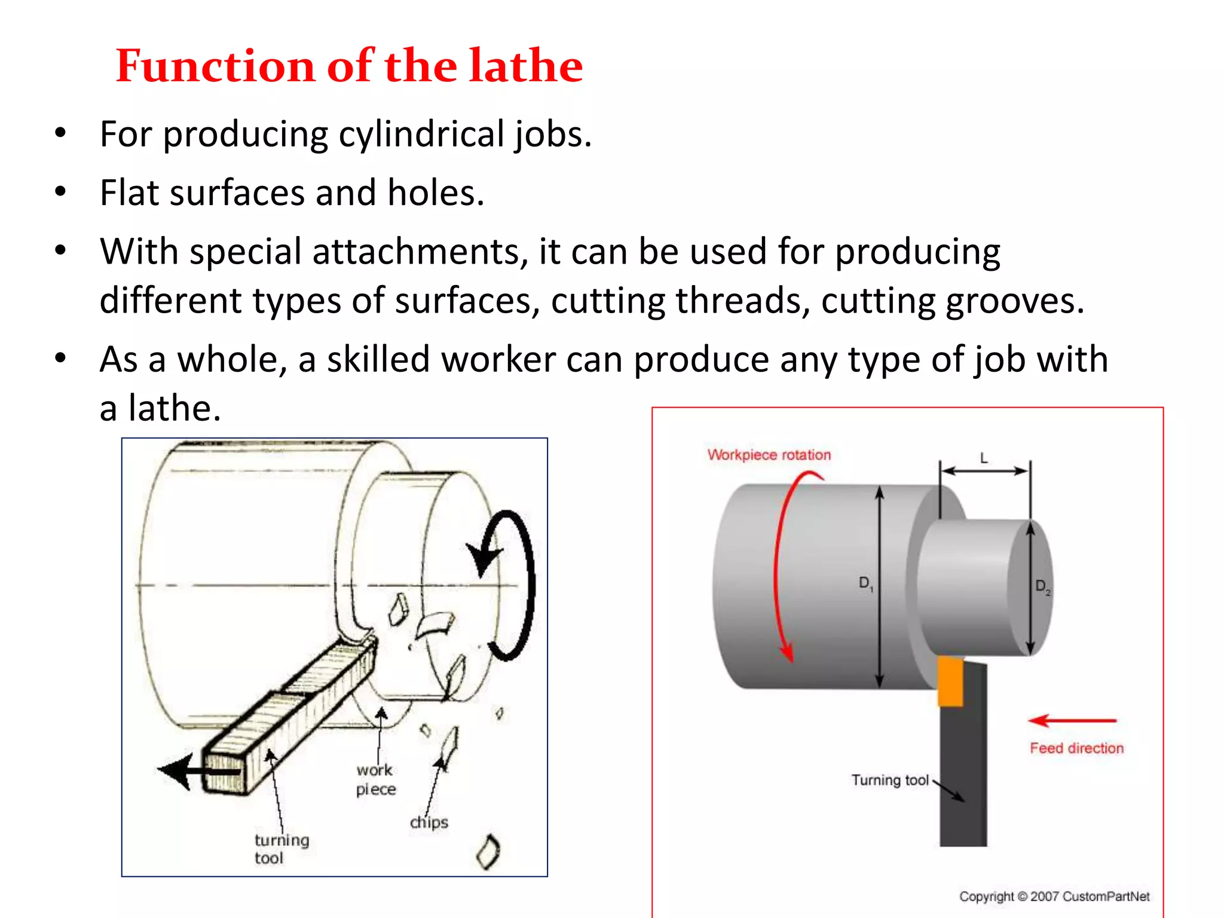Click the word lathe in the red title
pyautogui.click(x=525, y=66)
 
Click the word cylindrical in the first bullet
pyautogui.click(x=421, y=134)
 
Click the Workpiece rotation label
pyautogui.click(x=769, y=455)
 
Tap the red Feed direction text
pyautogui.click(x=1076, y=748)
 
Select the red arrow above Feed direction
pyautogui.click(x=1072, y=721)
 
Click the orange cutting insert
pyautogui.click(x=950, y=682)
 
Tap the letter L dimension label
pyautogui.click(x=984, y=458)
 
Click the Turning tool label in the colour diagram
pyautogui.click(x=889, y=780)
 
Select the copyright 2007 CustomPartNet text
pyautogui.click(x=1054, y=896)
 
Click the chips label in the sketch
pyautogui.click(x=429, y=822)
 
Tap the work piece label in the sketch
pyautogui.click(x=375, y=779)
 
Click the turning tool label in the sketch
pyautogui.click(x=281, y=849)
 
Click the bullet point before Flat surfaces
pyautogui.click(x=60, y=192)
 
